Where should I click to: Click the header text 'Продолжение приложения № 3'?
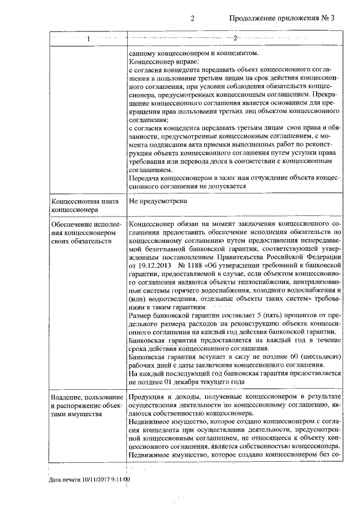tap(282, 18)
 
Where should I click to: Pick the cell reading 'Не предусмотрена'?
tap(158, 200)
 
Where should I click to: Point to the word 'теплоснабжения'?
tap(269, 281)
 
